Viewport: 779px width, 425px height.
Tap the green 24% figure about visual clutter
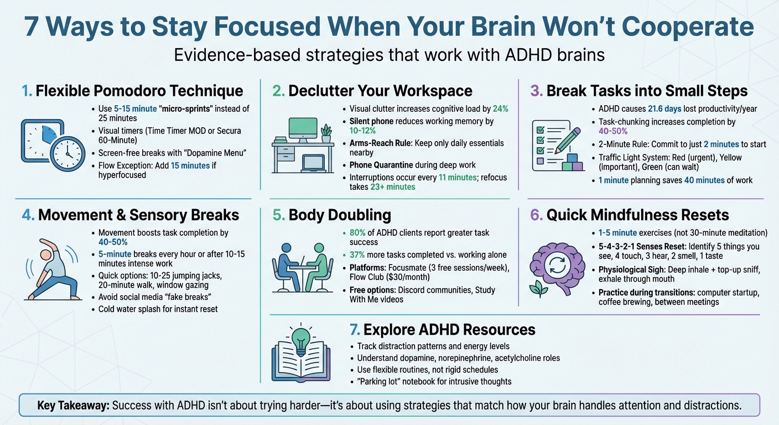click(x=500, y=109)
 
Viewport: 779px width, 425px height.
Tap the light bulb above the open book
click(x=300, y=338)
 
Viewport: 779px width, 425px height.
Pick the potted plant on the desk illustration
click(x=326, y=133)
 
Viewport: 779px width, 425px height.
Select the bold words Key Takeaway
click(x=73, y=406)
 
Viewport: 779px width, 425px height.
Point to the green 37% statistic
click(x=359, y=255)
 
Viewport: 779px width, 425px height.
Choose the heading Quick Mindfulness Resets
click(x=637, y=215)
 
